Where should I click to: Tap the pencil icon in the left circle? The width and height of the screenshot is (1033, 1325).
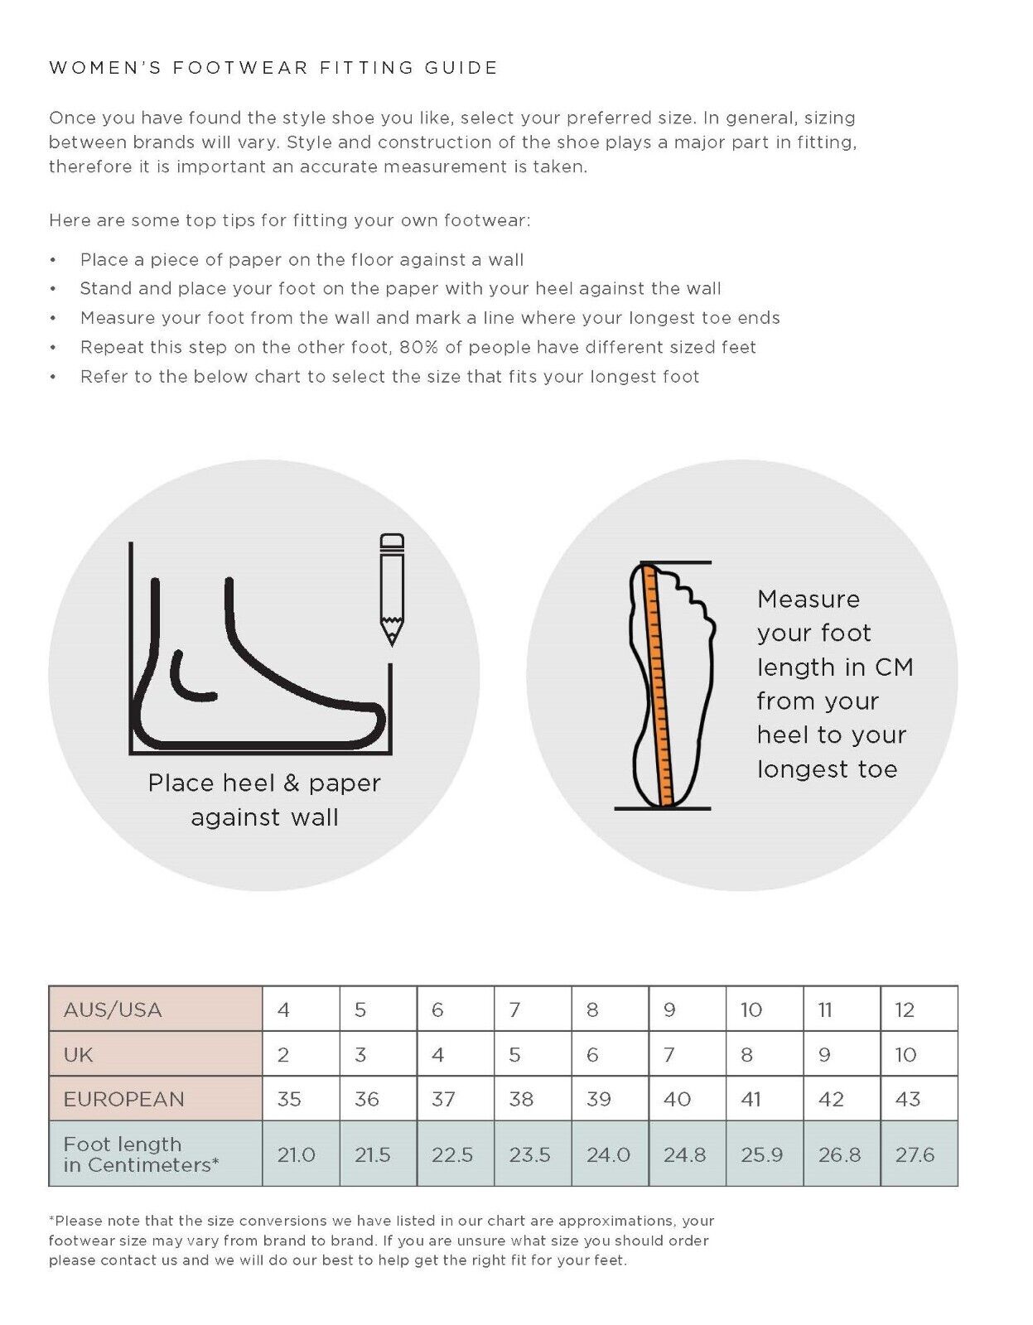coord(392,589)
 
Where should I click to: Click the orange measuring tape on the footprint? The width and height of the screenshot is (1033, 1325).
coord(659,685)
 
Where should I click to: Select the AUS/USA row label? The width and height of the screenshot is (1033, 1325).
coord(113,1009)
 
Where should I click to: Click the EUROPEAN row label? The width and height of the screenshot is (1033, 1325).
coord(123,1099)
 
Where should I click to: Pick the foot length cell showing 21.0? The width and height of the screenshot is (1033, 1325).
coord(297,1154)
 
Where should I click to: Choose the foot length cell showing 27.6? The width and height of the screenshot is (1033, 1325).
coord(915,1154)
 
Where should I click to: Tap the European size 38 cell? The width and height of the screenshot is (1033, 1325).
coord(521,1099)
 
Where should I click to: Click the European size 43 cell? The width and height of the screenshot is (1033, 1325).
coord(908,1099)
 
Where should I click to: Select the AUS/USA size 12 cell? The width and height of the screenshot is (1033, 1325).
coord(905,1009)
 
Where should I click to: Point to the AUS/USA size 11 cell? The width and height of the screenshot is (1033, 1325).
coord(825,1009)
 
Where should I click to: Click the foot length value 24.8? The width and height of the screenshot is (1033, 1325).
coord(685,1154)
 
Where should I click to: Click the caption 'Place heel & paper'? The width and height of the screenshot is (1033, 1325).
coord(264,783)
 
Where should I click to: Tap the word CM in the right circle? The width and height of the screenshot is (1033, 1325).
coord(894,667)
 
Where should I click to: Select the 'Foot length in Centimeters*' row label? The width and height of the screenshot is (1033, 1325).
coord(141,1154)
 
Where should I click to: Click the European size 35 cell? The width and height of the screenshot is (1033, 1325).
coord(289,1099)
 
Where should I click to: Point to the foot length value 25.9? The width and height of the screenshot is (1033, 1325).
coord(762,1154)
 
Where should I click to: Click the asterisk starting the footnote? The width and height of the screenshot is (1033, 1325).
coord(51,1219)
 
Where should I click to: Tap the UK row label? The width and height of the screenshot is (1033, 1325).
coord(78,1054)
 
